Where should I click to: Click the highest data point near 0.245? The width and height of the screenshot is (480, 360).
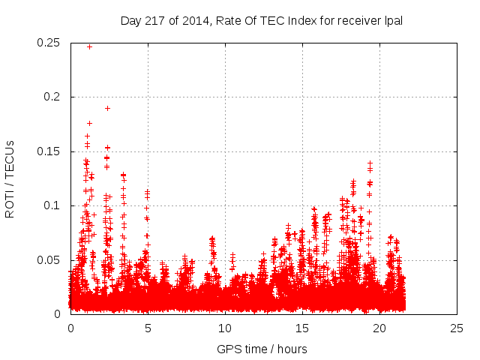tap(89, 46)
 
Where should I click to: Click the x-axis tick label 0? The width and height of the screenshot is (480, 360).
tap(70, 328)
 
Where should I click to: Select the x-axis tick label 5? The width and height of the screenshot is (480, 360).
tap(148, 328)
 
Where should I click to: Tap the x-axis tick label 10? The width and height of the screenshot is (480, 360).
tap(225, 328)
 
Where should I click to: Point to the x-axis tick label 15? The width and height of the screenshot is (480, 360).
tap(302, 328)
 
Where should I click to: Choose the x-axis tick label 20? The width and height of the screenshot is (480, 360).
tap(379, 328)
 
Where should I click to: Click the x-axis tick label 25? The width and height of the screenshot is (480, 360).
tap(457, 328)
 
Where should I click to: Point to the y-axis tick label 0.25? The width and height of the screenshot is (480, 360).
tap(49, 43)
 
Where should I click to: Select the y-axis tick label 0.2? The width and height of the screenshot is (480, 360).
tap(54, 97)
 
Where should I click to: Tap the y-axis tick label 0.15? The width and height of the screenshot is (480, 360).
tap(49, 151)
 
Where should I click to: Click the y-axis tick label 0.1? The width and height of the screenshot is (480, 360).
tap(54, 205)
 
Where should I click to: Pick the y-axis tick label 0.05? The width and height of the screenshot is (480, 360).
tap(49, 260)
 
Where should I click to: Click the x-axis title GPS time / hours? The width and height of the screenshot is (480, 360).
tap(263, 349)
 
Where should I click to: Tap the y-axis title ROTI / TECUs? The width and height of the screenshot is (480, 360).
tap(10, 178)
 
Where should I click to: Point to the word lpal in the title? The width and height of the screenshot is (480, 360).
tap(394, 20)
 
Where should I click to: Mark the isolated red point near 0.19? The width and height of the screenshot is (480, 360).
tap(107, 108)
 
